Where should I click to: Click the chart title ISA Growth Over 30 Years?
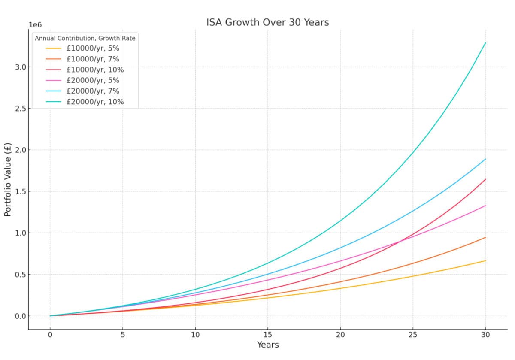(x=267, y=22)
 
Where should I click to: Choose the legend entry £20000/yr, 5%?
(x=93, y=81)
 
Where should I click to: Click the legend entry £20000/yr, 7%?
(x=93, y=91)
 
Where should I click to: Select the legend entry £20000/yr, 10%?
(x=95, y=102)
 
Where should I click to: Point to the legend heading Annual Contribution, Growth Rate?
(x=85, y=38)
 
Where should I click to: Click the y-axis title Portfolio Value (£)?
(x=8, y=179)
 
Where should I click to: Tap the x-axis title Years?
(x=268, y=345)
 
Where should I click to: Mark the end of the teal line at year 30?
(x=485, y=42)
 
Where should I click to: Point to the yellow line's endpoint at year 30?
(x=485, y=260)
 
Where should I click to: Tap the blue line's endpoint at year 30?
(x=485, y=159)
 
